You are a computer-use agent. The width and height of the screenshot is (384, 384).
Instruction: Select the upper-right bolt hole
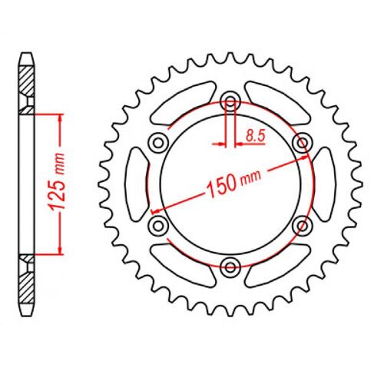tap(303, 142)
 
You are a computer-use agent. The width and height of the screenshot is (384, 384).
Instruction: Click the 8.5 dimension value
tap(255, 136)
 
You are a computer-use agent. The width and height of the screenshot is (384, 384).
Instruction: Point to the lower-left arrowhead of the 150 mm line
tap(156, 210)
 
